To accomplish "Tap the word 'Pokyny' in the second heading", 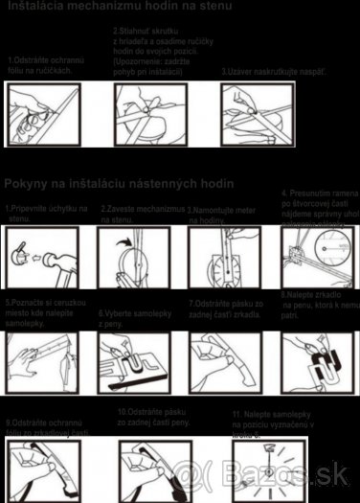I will pyautogui.click(x=30, y=183).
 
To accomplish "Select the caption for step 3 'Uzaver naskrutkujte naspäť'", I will pyautogui.click(x=273, y=71).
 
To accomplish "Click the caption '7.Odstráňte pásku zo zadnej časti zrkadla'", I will pyautogui.click(x=226, y=309).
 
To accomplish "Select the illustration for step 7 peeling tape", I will pyautogui.click(x=226, y=363).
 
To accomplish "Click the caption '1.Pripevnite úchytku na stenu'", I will pyautogui.click(x=44, y=213).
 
